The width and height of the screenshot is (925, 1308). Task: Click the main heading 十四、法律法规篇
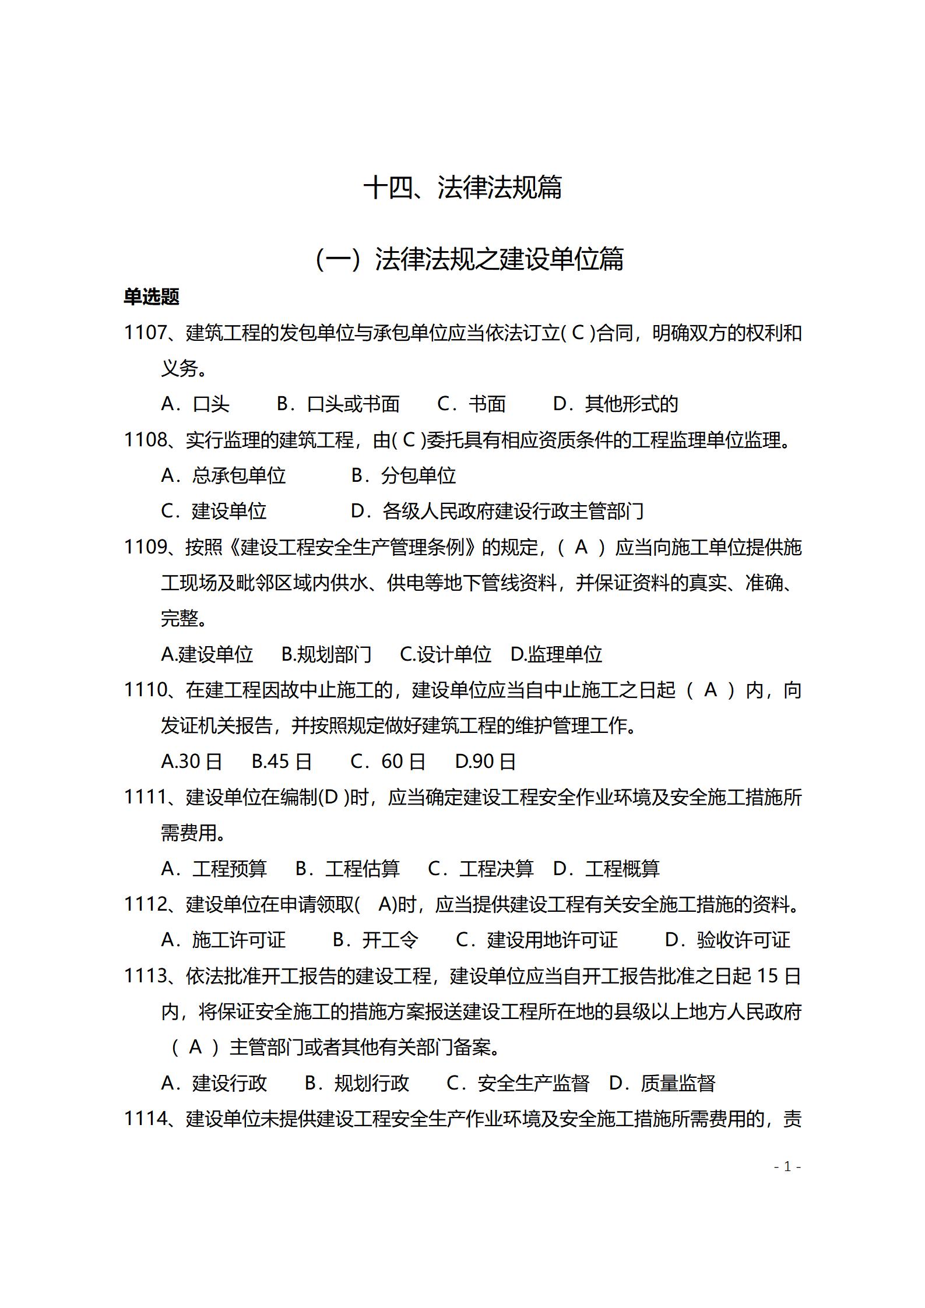(462, 188)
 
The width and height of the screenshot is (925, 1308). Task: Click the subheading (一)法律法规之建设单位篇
(469, 259)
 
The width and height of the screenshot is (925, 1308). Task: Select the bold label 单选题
(151, 297)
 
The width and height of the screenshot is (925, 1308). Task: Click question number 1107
(145, 333)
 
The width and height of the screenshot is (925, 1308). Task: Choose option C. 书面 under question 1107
(471, 404)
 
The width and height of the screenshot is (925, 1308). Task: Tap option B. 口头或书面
(338, 404)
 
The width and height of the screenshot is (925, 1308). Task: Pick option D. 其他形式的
(615, 404)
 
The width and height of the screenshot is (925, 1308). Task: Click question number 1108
(145, 440)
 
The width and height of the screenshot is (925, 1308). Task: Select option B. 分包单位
(403, 475)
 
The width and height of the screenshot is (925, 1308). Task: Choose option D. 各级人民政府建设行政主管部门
(497, 511)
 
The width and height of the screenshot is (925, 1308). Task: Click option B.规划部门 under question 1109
(326, 654)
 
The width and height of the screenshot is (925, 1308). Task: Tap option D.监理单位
(556, 654)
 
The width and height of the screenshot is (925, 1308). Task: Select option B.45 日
(282, 761)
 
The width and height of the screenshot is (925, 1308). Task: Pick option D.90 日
(485, 761)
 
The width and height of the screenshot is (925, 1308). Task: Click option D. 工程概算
(606, 869)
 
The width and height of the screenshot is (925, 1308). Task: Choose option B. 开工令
(375, 940)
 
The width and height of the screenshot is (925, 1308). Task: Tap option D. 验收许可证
(727, 940)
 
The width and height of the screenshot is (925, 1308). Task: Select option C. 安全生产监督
(518, 1083)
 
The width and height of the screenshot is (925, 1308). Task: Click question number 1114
(145, 1119)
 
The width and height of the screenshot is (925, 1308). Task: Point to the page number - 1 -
(787, 1166)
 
